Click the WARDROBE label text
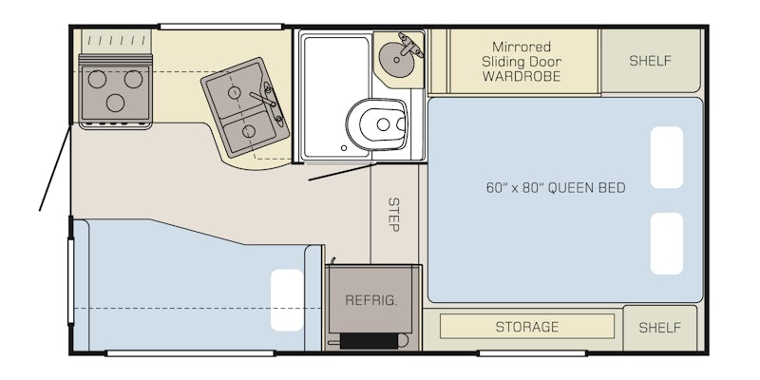click(522, 76)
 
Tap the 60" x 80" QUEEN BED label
click(556, 188)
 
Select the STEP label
click(393, 215)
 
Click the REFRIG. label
click(371, 300)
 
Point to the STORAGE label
click(527, 327)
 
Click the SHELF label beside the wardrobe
click(650, 61)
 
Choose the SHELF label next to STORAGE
click(659, 328)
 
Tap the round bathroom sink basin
click(397, 60)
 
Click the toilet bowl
click(377, 124)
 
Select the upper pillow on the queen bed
click(667, 158)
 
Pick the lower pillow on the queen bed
click(667, 243)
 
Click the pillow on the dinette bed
click(287, 300)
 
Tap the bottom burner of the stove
click(115, 103)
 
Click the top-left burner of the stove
click(97, 79)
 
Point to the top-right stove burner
click(133, 79)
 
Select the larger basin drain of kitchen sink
click(235, 92)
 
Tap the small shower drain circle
click(344, 148)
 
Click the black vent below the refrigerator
click(370, 341)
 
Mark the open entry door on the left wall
click(55, 168)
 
